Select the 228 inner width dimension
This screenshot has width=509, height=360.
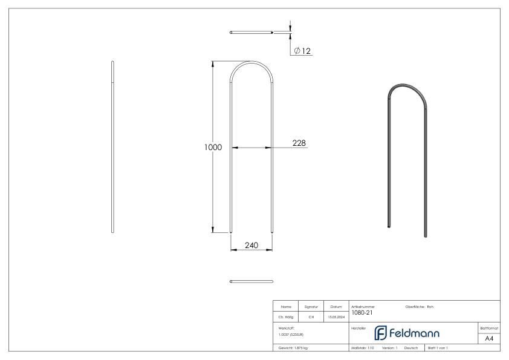(299, 143)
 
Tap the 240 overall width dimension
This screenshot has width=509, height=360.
(251, 245)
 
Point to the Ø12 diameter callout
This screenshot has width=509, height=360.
(302, 51)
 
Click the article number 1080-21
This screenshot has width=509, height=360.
(361, 313)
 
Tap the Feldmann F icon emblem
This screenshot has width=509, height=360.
(381, 333)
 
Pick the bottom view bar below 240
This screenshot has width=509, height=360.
(251, 281)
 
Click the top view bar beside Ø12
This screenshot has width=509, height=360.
(251, 32)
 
